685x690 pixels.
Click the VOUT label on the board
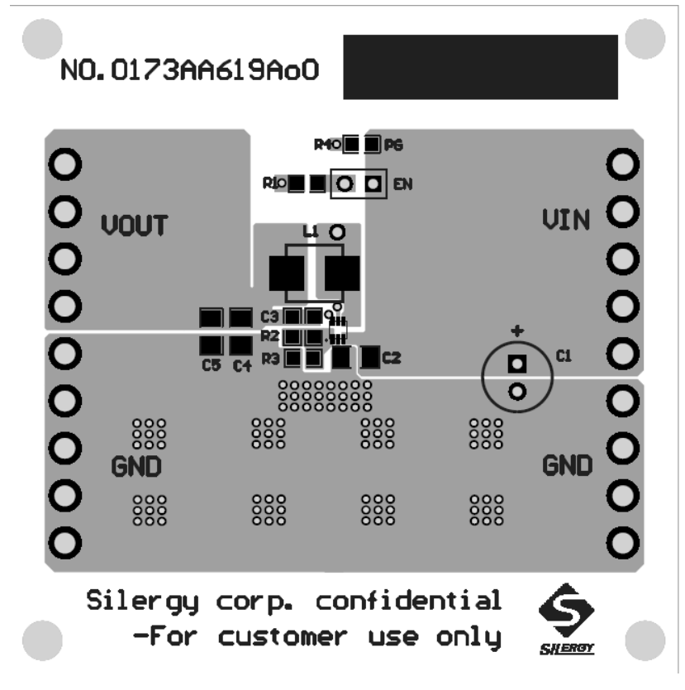(135, 224)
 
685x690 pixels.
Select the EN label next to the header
(402, 183)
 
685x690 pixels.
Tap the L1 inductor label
(312, 233)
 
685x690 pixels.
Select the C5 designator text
(211, 366)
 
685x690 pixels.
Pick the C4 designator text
(240, 366)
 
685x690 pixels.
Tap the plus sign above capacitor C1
(517, 332)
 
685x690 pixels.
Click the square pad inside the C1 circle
(517, 363)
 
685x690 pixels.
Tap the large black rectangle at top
(479, 66)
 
